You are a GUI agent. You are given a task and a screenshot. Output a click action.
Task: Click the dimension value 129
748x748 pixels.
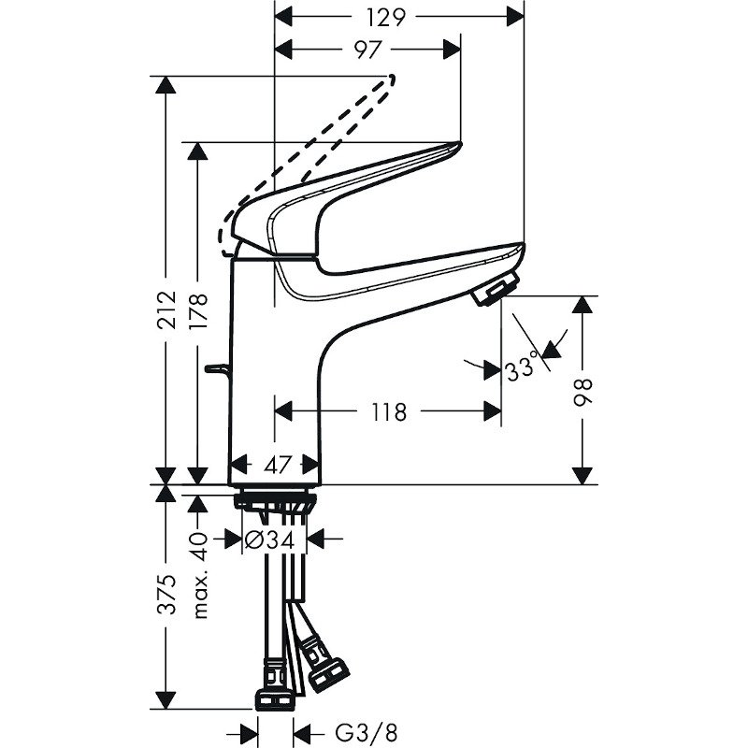coord(386,18)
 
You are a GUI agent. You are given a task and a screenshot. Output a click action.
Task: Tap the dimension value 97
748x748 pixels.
coord(367,50)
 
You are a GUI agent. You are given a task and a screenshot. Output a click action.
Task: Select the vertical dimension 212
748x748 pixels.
coord(166,309)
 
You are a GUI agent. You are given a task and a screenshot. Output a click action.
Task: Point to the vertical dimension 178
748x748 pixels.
coord(198,311)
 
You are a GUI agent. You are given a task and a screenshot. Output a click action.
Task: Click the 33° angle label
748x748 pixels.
coord(522,369)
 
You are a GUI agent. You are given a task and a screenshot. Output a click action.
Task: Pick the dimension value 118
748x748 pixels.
coord(389,411)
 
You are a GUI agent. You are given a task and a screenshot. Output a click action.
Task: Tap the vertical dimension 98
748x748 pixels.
coord(583,392)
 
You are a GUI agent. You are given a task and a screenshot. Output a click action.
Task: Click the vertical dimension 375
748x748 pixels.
coord(166,595)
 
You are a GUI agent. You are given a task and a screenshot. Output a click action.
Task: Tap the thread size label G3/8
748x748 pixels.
coord(367,732)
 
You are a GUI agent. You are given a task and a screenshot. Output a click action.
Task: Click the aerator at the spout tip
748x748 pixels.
coord(496,289)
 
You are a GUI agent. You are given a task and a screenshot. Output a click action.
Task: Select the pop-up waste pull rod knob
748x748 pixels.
coord(217,368)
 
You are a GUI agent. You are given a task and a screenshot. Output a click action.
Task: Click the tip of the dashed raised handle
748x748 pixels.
coord(392,79)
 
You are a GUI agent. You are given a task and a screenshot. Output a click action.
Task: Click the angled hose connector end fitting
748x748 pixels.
coord(328,674)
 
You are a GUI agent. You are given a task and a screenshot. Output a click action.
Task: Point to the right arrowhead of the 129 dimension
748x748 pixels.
coord(515,18)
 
